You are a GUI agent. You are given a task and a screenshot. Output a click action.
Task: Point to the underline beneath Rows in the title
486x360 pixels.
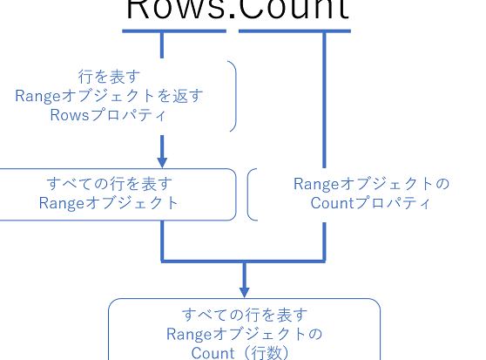[x=173, y=31]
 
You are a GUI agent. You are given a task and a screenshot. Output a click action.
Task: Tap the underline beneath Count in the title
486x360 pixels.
[x=296, y=31]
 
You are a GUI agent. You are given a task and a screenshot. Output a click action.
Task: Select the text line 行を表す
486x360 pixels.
[x=109, y=78]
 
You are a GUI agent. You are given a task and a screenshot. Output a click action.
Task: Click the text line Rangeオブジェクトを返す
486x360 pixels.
[x=109, y=96]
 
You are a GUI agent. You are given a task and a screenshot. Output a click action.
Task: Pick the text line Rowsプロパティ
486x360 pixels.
[x=109, y=114]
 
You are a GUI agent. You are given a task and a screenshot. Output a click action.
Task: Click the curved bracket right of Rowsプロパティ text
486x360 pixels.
[x=233, y=96]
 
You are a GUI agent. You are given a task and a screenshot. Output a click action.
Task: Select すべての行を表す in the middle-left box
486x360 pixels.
[x=109, y=184]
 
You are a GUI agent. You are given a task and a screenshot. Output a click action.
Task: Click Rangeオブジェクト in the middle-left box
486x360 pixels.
[x=109, y=203]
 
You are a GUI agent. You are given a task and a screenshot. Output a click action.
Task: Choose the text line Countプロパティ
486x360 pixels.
[x=371, y=203]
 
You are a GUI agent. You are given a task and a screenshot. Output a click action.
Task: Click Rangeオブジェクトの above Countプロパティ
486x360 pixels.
[x=371, y=184]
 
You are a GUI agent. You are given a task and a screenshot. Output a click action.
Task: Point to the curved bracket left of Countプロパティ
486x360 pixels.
[x=251, y=194]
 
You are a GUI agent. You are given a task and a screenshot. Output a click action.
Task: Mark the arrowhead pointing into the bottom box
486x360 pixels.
[x=244, y=290]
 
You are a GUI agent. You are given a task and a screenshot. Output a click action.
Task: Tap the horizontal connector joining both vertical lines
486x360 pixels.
[x=244, y=260]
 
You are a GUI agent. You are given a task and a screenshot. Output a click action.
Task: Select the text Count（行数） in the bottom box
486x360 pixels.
[x=244, y=352]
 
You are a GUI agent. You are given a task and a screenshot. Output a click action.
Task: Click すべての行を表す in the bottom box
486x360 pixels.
[x=244, y=315]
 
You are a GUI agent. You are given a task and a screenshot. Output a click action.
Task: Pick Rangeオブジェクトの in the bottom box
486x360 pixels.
[x=244, y=334]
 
